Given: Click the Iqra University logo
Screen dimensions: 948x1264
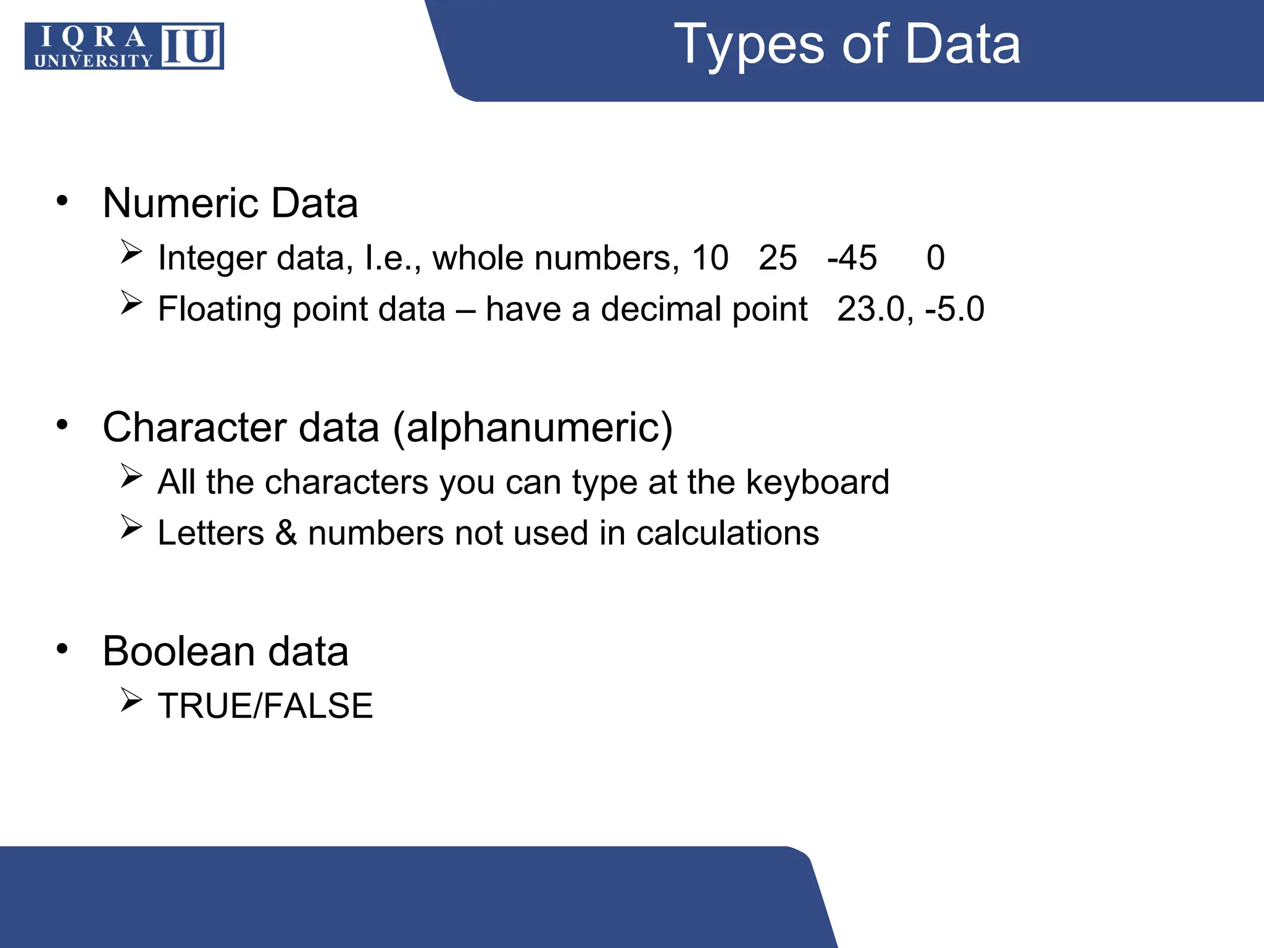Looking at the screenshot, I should point(124,46).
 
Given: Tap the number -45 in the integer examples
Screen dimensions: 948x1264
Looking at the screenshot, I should point(852,257).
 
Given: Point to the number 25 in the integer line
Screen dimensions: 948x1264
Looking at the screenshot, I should point(778,257).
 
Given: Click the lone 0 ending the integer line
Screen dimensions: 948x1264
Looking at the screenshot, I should point(936,257).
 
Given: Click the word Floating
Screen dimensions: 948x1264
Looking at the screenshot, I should point(219,310).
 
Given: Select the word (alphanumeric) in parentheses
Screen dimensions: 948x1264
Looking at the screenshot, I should point(533,428).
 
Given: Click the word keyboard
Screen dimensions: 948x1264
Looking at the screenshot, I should point(817,482).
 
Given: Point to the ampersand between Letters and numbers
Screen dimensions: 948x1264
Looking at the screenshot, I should point(286,533).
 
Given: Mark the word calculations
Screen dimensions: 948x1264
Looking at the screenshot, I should point(728,533).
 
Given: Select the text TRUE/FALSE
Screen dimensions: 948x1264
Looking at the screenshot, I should point(265,705).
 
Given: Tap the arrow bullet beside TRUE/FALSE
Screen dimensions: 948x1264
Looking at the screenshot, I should point(131,701).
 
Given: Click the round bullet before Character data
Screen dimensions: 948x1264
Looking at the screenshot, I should point(62,425).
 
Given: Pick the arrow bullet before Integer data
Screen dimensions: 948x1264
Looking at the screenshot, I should point(131,252).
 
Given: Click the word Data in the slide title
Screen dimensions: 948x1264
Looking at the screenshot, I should point(963,44).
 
